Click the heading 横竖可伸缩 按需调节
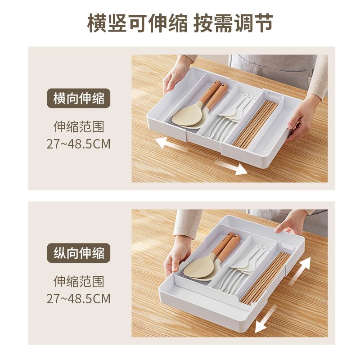click(180, 24)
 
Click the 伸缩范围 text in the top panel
click(78, 127)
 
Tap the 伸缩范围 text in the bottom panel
click(78, 282)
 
